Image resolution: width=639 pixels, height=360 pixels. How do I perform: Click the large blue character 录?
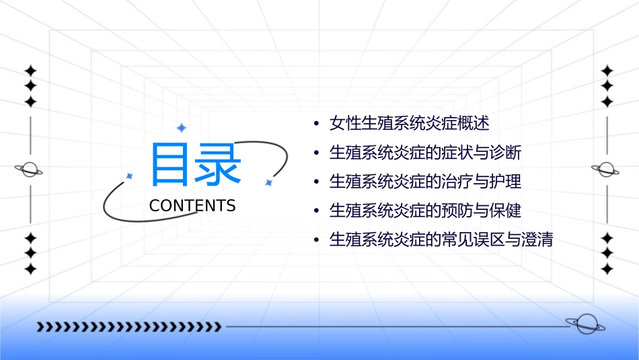(219, 165)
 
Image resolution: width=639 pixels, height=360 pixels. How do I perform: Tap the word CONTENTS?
(192, 206)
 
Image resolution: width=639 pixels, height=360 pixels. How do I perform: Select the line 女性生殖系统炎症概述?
(409, 124)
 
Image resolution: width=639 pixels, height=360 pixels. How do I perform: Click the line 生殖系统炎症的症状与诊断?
(425, 153)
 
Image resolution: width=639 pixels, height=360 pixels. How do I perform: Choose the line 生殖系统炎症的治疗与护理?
(425, 182)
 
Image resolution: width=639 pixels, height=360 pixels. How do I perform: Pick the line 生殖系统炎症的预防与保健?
(425, 211)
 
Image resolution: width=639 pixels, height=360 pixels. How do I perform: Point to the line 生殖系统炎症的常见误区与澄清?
(441, 240)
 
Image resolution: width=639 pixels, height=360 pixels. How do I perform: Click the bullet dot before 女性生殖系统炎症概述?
(316, 124)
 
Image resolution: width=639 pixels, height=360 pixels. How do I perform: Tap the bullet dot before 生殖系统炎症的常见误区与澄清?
(316, 240)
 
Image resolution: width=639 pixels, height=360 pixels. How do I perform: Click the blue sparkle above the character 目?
(180, 127)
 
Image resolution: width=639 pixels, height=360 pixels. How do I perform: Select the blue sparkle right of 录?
(268, 182)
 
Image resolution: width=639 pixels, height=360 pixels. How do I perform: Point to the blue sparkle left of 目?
(129, 176)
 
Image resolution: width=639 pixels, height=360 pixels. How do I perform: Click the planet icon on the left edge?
(30, 170)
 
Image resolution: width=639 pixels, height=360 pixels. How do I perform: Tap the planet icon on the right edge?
(607, 170)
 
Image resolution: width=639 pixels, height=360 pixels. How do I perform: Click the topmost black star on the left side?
(30, 71)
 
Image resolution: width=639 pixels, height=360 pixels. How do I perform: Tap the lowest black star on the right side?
(607, 269)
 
